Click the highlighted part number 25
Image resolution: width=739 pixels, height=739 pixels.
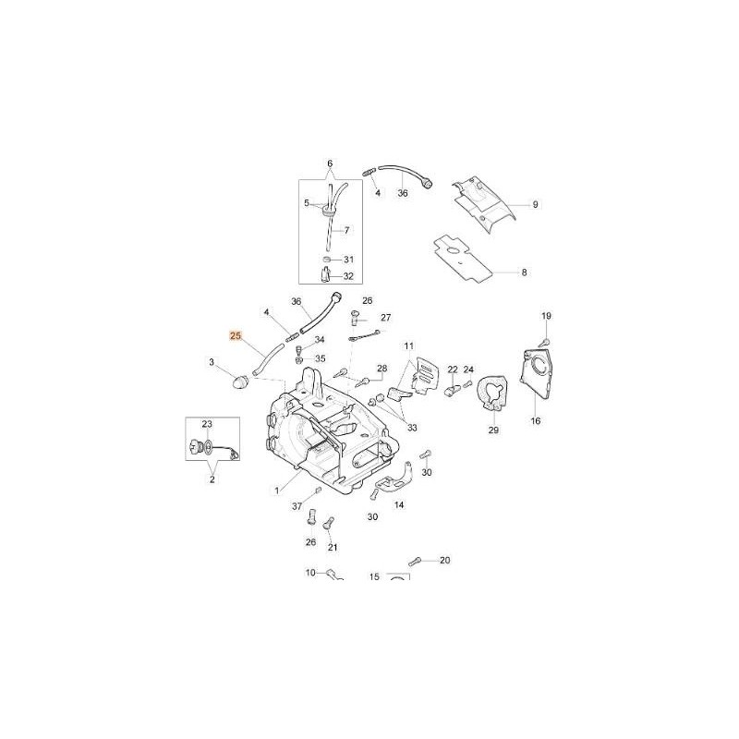pos(236,336)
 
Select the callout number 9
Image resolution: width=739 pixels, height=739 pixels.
pos(535,204)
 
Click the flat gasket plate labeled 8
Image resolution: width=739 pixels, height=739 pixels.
pos(463,259)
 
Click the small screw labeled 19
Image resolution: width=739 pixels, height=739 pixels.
pos(546,341)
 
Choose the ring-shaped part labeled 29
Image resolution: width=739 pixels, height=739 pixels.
pos(492,394)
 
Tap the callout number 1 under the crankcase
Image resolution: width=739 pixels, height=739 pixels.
pos(276,491)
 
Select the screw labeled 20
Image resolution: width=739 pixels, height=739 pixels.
pos(415,561)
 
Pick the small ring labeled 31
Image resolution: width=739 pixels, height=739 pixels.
pos(326,260)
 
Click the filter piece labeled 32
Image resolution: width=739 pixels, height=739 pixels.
pos(325,274)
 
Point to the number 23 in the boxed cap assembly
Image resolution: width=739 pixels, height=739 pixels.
pos(207,424)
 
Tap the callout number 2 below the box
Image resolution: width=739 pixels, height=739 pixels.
pos(212,479)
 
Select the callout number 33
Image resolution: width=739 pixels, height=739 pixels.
pos(412,428)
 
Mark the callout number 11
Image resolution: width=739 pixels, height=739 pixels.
pos(408,345)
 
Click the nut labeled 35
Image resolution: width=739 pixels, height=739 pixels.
pos(298,360)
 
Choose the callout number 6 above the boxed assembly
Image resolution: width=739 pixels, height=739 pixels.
pos(330,164)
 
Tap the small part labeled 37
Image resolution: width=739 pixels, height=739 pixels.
pos(318,491)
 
